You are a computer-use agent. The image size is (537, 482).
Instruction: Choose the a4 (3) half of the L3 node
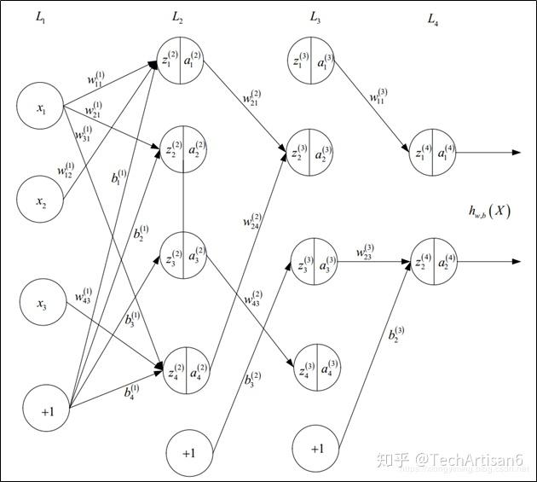[328, 367]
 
